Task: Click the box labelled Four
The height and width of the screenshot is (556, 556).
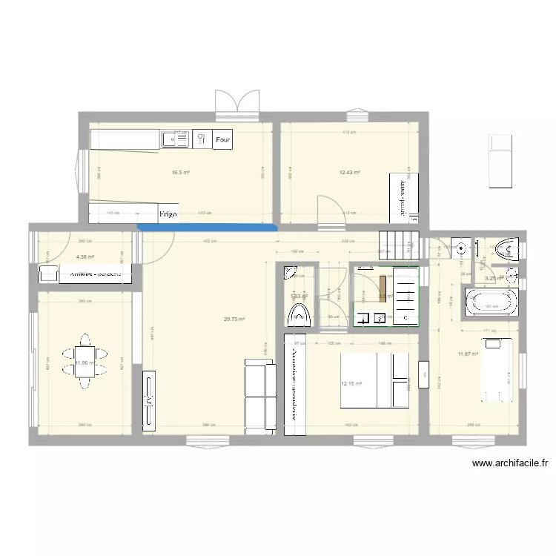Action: click(x=222, y=139)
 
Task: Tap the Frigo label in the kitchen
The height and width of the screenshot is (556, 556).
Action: click(x=168, y=214)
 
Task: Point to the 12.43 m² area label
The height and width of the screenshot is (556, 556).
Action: click(x=350, y=173)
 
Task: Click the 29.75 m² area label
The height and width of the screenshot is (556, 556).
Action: click(x=234, y=320)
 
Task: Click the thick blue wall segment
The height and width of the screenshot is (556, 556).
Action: click(x=207, y=228)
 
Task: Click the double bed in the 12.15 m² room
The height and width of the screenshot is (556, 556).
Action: click(x=375, y=380)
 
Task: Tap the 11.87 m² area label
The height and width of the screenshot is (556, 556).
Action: click(x=469, y=354)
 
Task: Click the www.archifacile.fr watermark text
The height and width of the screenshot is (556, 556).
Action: click(x=510, y=464)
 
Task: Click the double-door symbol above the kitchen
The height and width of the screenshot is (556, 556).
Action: click(x=237, y=102)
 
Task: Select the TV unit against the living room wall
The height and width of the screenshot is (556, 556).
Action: click(x=150, y=400)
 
